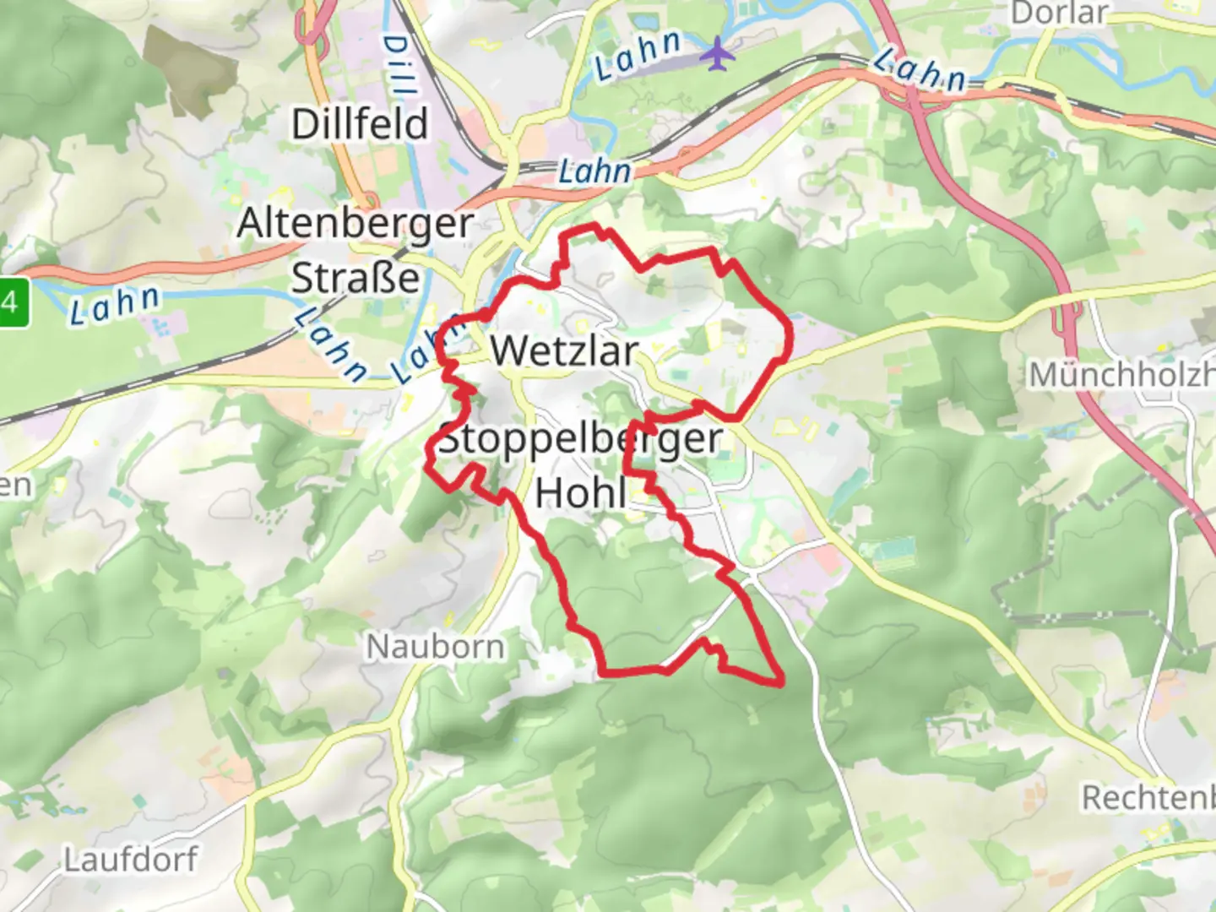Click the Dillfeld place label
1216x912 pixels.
click(x=360, y=124)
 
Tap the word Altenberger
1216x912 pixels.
click(x=355, y=224)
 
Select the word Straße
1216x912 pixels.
click(x=355, y=278)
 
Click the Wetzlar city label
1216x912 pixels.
click(x=564, y=350)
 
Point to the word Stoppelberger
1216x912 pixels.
click(x=581, y=438)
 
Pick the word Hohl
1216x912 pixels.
click(x=581, y=492)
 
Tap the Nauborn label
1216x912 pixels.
click(x=435, y=647)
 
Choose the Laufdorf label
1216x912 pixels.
click(x=131, y=860)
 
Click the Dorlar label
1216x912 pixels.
click(x=1059, y=13)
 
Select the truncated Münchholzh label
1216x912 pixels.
click(x=1121, y=374)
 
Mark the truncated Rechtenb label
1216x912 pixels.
click(x=1148, y=797)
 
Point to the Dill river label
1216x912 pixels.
click(x=399, y=63)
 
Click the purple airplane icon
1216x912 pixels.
click(x=717, y=53)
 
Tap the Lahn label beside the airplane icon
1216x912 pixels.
click(x=637, y=55)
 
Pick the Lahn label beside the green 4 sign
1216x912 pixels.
click(x=115, y=305)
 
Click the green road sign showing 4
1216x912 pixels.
click(x=13, y=301)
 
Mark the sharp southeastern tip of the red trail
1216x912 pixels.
click(x=780, y=680)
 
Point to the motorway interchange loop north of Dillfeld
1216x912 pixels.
click(x=313, y=25)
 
